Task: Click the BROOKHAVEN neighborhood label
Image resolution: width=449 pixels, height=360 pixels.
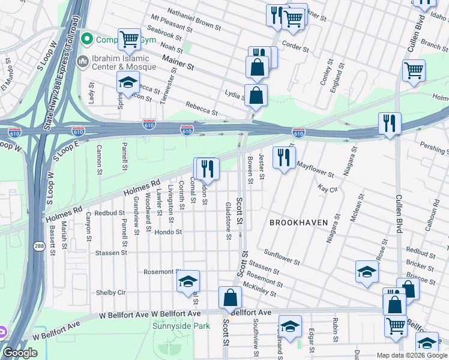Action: [x=298, y=223]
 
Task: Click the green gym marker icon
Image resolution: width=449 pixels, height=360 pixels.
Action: [x=87, y=40]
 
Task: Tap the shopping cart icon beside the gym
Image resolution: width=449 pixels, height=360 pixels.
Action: [x=129, y=40]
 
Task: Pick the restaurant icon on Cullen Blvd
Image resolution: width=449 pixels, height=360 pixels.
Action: [x=390, y=123]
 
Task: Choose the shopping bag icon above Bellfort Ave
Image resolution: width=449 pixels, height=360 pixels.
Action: [x=230, y=297]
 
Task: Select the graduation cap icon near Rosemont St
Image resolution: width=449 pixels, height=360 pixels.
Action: [x=188, y=281]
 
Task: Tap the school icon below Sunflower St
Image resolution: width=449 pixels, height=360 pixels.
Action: [x=367, y=272]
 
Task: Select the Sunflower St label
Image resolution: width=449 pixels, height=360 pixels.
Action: [x=281, y=258]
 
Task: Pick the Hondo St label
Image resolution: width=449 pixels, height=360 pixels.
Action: [x=167, y=232]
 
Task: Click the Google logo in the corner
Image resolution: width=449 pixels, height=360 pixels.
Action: [x=20, y=353]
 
